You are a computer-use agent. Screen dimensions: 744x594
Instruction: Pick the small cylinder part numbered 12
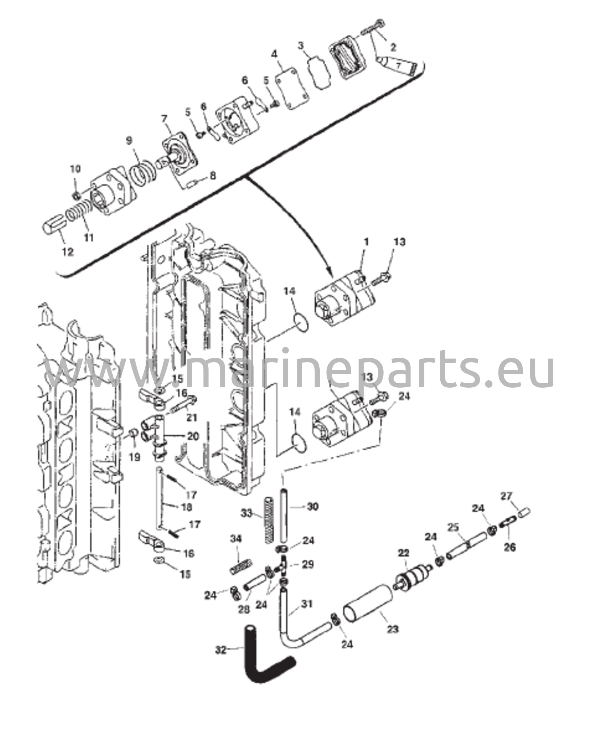coord(54,226)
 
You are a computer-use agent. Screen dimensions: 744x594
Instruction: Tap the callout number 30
coord(312,506)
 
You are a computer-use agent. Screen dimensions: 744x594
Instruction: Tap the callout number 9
coord(129,141)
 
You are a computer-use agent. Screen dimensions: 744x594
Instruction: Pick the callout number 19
coord(134,457)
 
